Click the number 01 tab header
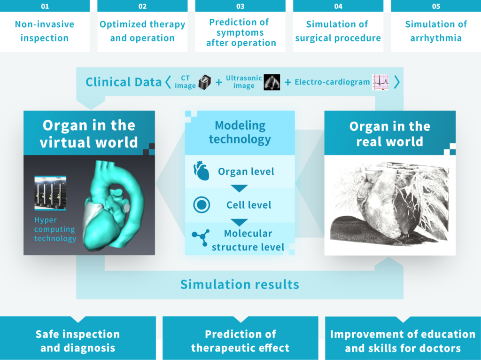point(45,6)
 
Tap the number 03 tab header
point(240,6)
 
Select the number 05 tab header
point(436,6)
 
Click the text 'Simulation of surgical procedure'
point(338,31)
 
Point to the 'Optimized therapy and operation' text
point(142,31)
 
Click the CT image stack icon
point(205,82)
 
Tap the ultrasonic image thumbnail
point(272,82)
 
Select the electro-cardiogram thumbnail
point(380,82)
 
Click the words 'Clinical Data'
point(124,82)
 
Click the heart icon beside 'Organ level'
point(201,171)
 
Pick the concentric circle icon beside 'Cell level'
point(202,205)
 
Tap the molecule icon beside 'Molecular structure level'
point(201,237)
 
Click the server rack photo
point(50,193)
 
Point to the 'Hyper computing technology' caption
point(55,229)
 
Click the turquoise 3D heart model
point(112,205)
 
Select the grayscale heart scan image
point(389,204)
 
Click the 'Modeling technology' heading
point(240,132)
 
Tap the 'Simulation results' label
point(240,284)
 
